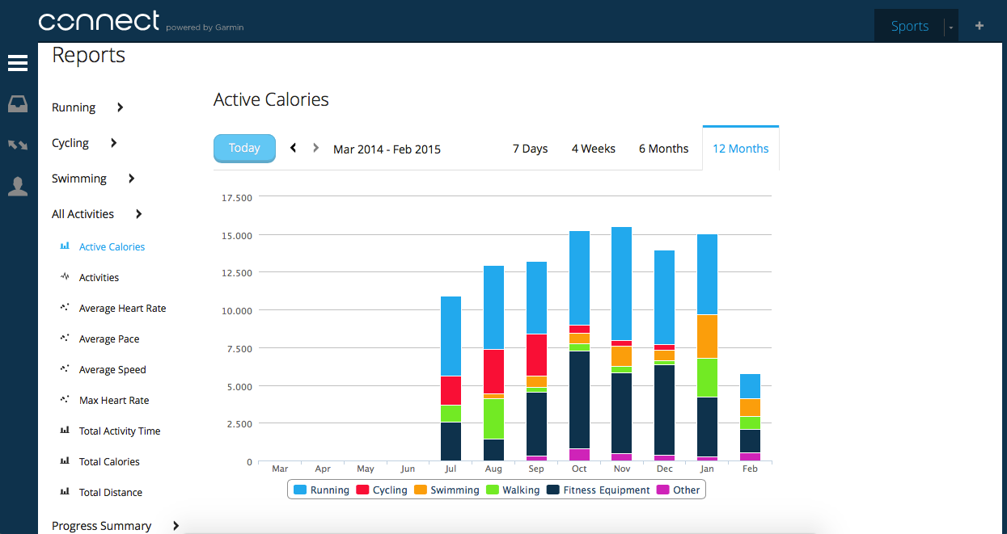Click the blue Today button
[x=244, y=148]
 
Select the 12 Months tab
[x=740, y=149]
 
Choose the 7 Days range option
[x=530, y=149]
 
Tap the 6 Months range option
[x=663, y=149]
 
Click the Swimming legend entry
[x=446, y=490]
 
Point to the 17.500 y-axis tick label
[x=236, y=197]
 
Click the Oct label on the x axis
[x=579, y=469]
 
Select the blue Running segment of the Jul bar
[x=451, y=335]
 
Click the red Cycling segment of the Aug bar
[x=493, y=372]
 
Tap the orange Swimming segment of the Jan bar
[x=708, y=336]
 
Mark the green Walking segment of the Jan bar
[x=708, y=377]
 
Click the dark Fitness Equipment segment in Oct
[x=579, y=399]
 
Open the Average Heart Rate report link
[x=122, y=309]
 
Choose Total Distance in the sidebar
[x=110, y=493]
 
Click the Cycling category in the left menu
[x=70, y=143]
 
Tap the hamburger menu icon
[x=18, y=63]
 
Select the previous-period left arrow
[x=293, y=148]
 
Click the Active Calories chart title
[x=271, y=100]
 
